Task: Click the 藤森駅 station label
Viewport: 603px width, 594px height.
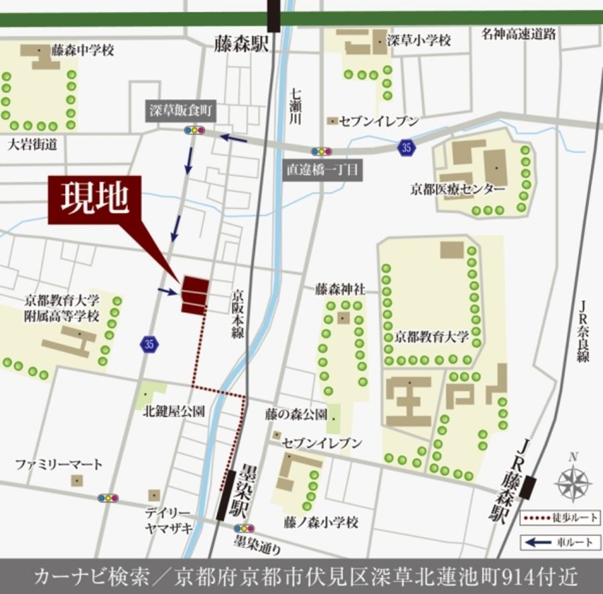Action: point(241,44)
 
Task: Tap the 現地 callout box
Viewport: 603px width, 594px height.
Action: point(94,200)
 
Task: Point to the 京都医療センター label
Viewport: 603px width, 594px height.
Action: point(458,189)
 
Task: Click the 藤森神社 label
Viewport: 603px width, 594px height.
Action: point(340,290)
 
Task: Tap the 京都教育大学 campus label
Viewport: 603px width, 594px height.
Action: point(432,336)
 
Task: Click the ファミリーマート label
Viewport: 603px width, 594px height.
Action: point(60,464)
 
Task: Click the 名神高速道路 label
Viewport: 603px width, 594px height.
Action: point(518,35)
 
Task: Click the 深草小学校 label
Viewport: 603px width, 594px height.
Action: point(419,40)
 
